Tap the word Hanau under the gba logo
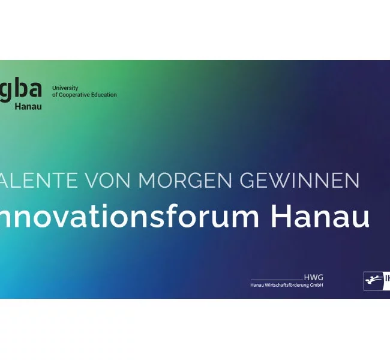pos(28,106)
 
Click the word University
pos(65,88)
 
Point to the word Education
pos(104,95)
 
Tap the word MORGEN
pos(187,179)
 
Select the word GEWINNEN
pos(299,179)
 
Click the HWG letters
pos(313,277)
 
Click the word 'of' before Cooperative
pos(55,95)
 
